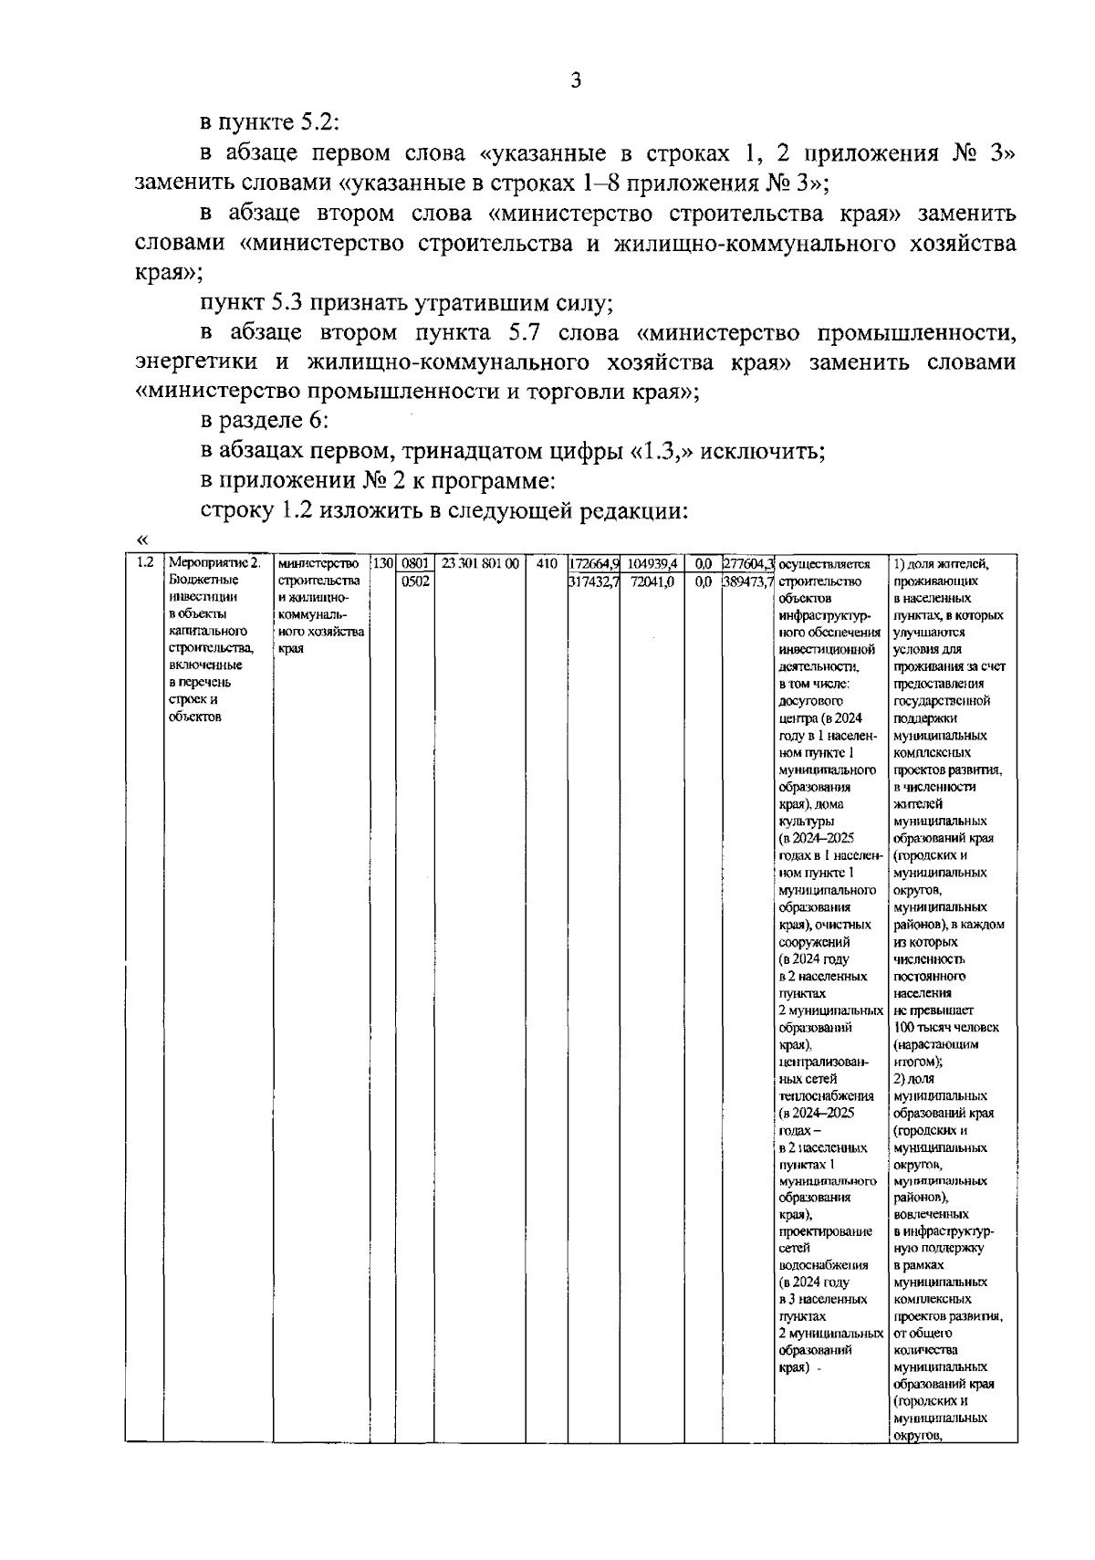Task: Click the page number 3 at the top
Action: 575,80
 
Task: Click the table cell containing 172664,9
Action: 594,564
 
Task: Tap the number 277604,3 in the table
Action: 748,564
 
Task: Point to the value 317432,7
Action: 594,581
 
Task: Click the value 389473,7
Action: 748,581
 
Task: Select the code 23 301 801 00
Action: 480,564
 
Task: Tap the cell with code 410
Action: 547,564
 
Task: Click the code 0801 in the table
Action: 415,564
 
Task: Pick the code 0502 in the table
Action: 415,581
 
